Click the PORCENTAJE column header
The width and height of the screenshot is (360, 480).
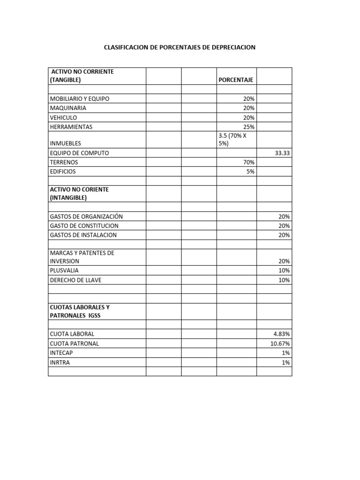(x=236, y=80)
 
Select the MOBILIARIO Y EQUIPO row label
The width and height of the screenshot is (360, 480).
(x=80, y=99)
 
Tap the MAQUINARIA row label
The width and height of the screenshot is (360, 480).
(x=68, y=108)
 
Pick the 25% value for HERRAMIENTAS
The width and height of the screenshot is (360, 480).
(x=249, y=127)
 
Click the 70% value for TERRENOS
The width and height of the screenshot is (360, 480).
(x=249, y=162)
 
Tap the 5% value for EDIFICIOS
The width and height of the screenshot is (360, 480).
(x=251, y=172)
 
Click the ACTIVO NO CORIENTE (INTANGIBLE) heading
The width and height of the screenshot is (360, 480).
(x=79, y=194)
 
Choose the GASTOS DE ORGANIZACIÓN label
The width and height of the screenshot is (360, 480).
(x=86, y=217)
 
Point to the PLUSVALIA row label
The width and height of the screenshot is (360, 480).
(x=64, y=270)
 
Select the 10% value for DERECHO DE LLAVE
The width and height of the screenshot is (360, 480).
(x=284, y=280)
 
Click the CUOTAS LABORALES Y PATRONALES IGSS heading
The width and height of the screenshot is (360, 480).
(x=80, y=311)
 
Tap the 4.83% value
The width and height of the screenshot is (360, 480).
(x=282, y=334)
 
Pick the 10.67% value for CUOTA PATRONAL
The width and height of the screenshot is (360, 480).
(x=280, y=344)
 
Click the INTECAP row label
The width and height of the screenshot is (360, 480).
(x=61, y=353)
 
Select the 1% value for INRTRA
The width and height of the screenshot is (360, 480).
(x=286, y=362)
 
